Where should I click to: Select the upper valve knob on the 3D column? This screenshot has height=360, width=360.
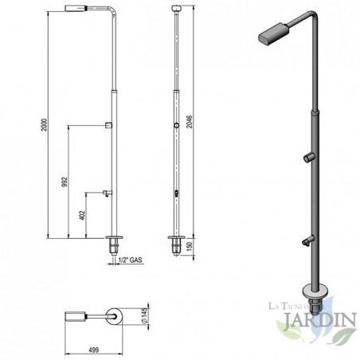[307, 158]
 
